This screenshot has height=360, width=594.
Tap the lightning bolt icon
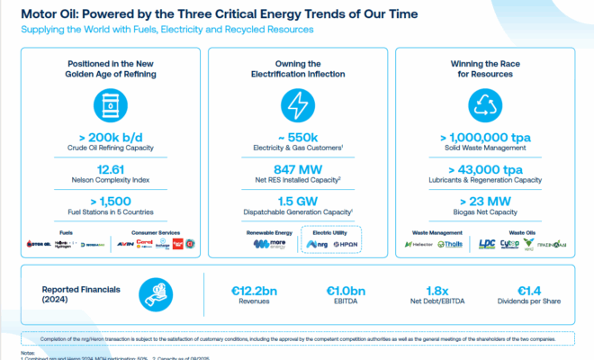point(296,106)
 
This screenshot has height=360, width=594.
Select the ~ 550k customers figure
point(296,137)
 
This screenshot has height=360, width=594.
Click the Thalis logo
point(450,243)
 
